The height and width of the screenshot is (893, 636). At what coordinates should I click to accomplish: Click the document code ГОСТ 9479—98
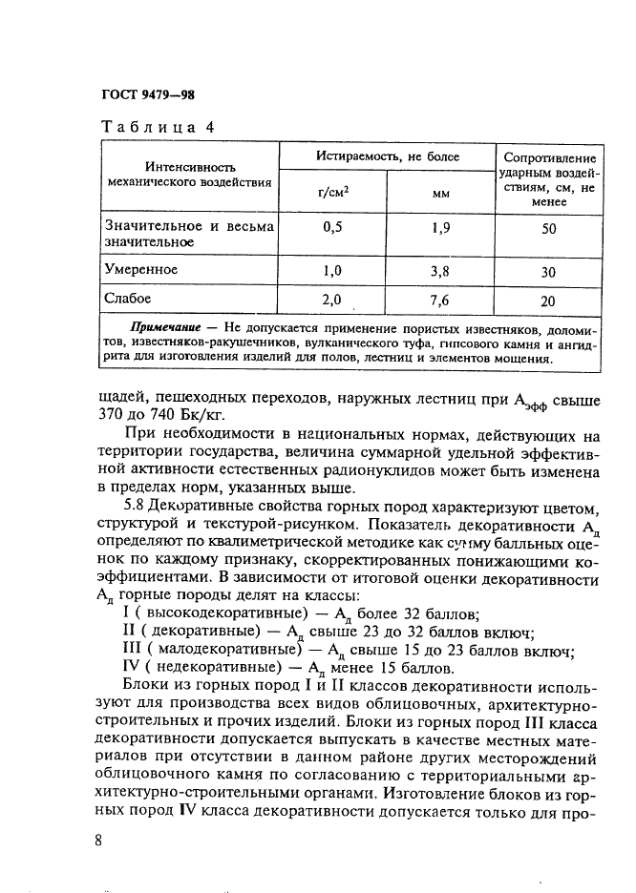point(147,94)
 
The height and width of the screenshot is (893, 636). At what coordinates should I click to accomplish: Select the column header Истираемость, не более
point(388,156)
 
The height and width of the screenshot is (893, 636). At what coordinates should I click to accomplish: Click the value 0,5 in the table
point(332,227)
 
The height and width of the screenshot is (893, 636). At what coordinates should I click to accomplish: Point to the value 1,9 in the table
point(440,227)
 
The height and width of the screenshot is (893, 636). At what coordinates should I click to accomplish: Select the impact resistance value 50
point(548,230)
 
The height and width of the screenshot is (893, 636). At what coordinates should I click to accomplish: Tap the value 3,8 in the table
point(440,271)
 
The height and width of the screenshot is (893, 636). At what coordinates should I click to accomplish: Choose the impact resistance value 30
point(548,272)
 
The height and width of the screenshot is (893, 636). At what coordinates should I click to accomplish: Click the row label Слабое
point(129,299)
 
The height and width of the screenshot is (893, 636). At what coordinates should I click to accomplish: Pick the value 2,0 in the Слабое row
point(332,300)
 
